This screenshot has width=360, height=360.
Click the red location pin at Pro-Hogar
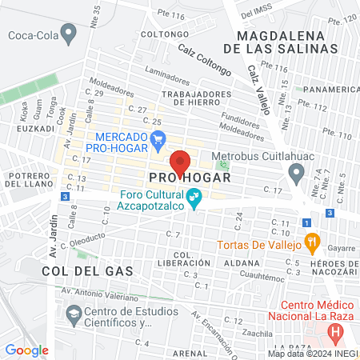(x=180, y=162)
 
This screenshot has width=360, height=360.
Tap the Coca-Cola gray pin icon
(x=70, y=34)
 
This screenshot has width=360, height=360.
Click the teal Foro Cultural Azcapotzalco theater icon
(x=193, y=197)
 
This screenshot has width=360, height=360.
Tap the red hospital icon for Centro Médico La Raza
(x=338, y=330)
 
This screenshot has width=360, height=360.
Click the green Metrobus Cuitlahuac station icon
(x=224, y=166)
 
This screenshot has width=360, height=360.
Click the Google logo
(x=26, y=350)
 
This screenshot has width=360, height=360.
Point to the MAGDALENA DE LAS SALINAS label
(x=290, y=42)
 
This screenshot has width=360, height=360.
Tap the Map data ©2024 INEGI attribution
(x=312, y=354)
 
